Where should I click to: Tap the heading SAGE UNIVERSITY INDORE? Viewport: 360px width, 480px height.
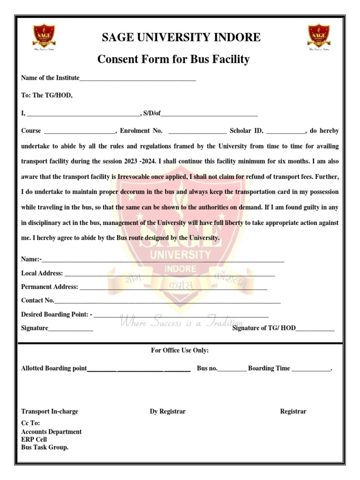[x=181, y=37]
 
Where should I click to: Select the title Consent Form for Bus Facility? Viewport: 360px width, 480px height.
[x=173, y=60]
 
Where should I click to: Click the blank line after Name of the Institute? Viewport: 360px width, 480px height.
[x=138, y=79]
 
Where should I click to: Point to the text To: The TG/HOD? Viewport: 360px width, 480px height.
[x=47, y=95]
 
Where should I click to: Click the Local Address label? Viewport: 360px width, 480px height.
[x=42, y=273]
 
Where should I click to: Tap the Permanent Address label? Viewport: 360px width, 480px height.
[x=50, y=287]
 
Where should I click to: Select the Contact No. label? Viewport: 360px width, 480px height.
[x=37, y=300]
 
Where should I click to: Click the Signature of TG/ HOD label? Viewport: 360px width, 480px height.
[x=264, y=328]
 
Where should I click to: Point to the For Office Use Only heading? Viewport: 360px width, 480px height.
[x=180, y=351]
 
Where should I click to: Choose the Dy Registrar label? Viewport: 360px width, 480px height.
[x=167, y=412]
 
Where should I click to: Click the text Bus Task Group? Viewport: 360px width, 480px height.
[x=45, y=448]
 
